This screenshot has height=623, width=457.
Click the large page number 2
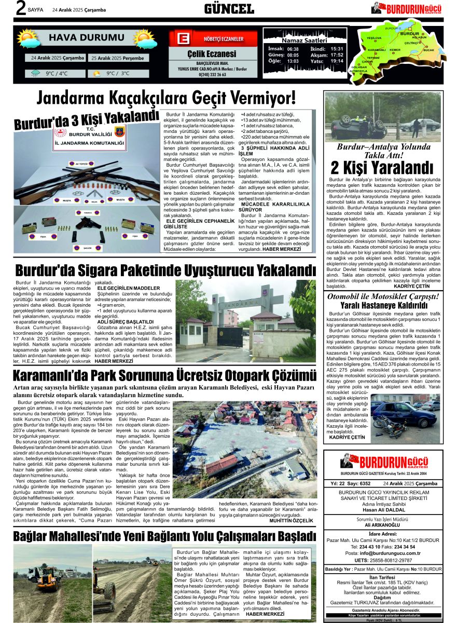coord(21,9)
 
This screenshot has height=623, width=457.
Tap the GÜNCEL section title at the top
coord(228,9)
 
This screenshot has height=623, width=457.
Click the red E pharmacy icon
coord(182,39)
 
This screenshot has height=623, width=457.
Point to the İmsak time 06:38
coord(293,48)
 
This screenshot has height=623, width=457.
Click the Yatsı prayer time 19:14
coord(337,61)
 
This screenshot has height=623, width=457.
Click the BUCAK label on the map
coord(428,50)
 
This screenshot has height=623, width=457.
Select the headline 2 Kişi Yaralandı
coord(382,168)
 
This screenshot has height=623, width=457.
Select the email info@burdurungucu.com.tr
coord(390,553)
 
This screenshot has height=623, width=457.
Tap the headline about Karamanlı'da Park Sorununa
coord(164,375)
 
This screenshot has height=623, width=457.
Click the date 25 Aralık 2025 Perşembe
coord(118,58)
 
